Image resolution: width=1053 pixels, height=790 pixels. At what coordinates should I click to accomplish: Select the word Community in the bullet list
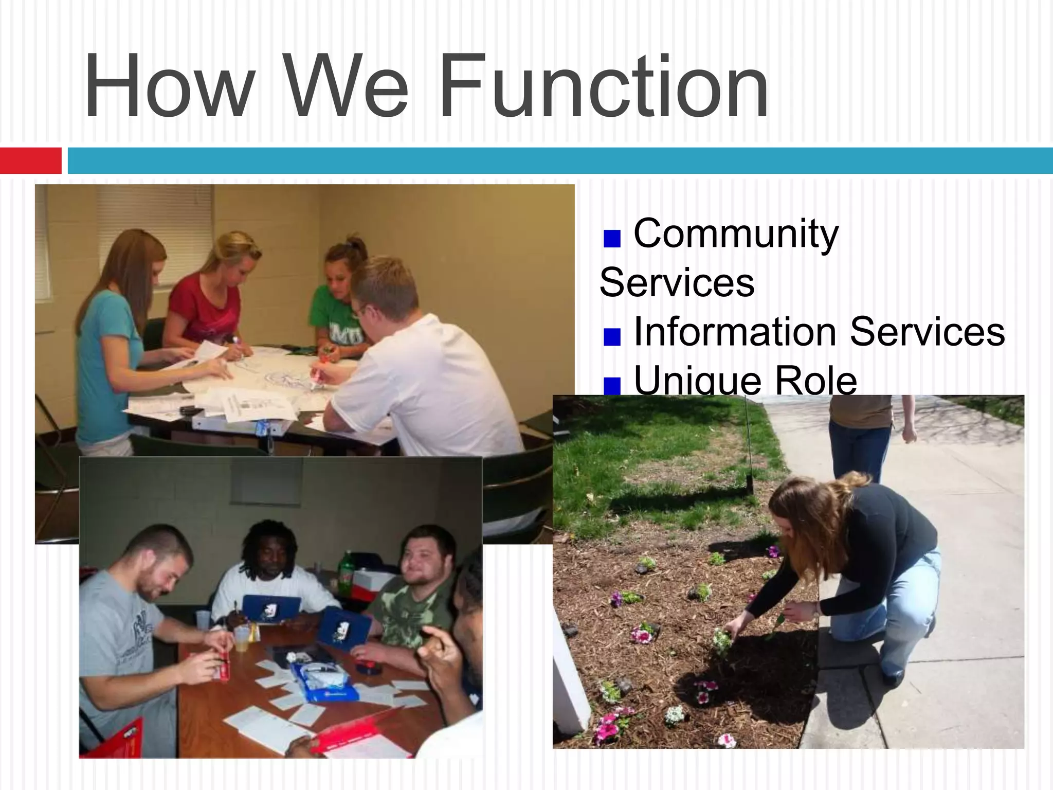point(736,234)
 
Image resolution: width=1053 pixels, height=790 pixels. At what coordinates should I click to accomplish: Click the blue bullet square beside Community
point(612,238)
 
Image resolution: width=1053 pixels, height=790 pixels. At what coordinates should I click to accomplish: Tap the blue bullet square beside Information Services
point(612,336)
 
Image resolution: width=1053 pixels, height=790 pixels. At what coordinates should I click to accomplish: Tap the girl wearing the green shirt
point(337,303)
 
